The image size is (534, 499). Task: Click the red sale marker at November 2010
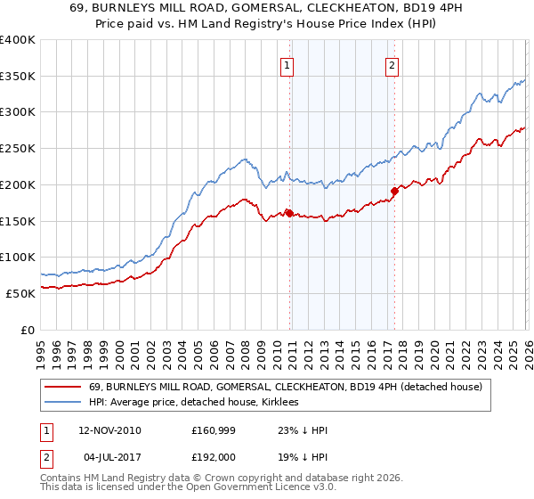289,213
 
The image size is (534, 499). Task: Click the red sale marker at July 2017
393,190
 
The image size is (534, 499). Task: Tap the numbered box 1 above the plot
288,64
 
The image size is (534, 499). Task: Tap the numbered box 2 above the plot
392,64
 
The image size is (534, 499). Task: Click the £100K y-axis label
18,257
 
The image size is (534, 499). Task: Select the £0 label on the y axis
27,330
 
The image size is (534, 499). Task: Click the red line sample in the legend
63,387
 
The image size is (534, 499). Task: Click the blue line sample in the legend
63,403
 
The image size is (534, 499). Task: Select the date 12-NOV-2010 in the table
109,430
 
